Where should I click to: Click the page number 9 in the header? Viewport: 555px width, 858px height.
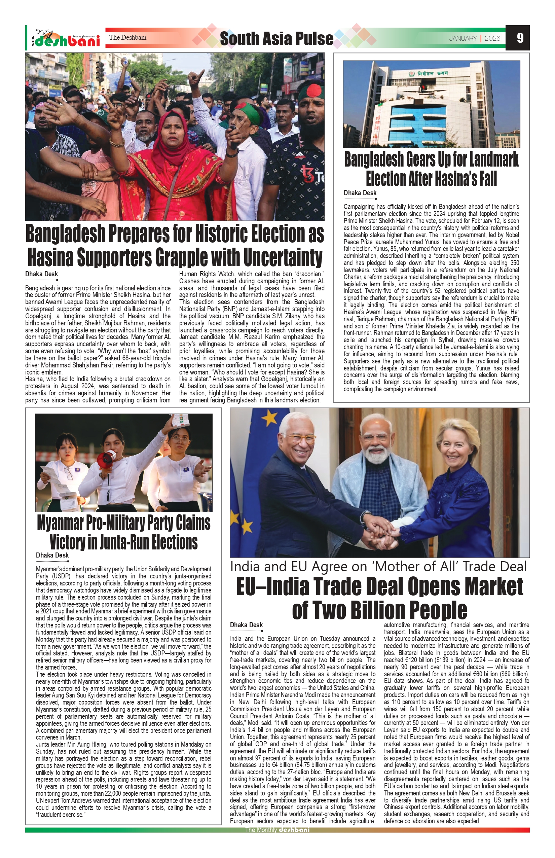click(x=520, y=38)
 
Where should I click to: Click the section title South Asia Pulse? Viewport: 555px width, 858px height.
click(x=276, y=39)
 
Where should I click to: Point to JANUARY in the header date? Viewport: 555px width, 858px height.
click(x=463, y=38)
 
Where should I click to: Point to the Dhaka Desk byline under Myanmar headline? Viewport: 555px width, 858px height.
click(x=52, y=556)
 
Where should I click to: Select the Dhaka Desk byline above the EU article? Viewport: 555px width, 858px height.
click(x=247, y=625)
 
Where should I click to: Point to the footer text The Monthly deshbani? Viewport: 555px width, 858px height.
click(x=277, y=850)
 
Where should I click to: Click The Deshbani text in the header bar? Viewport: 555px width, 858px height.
click(x=127, y=37)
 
